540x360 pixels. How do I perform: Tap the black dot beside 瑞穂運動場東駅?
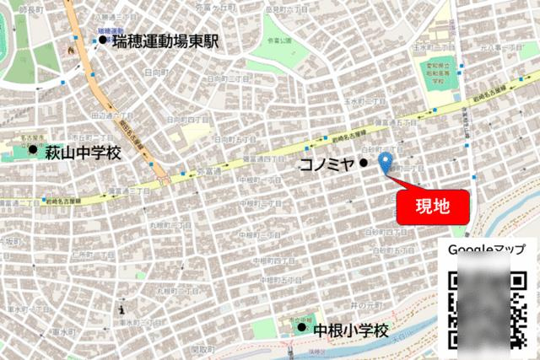(103, 40)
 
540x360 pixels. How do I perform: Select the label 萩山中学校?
(83, 152)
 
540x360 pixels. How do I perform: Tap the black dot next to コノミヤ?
(364, 164)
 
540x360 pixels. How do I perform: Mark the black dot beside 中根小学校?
(301, 326)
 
